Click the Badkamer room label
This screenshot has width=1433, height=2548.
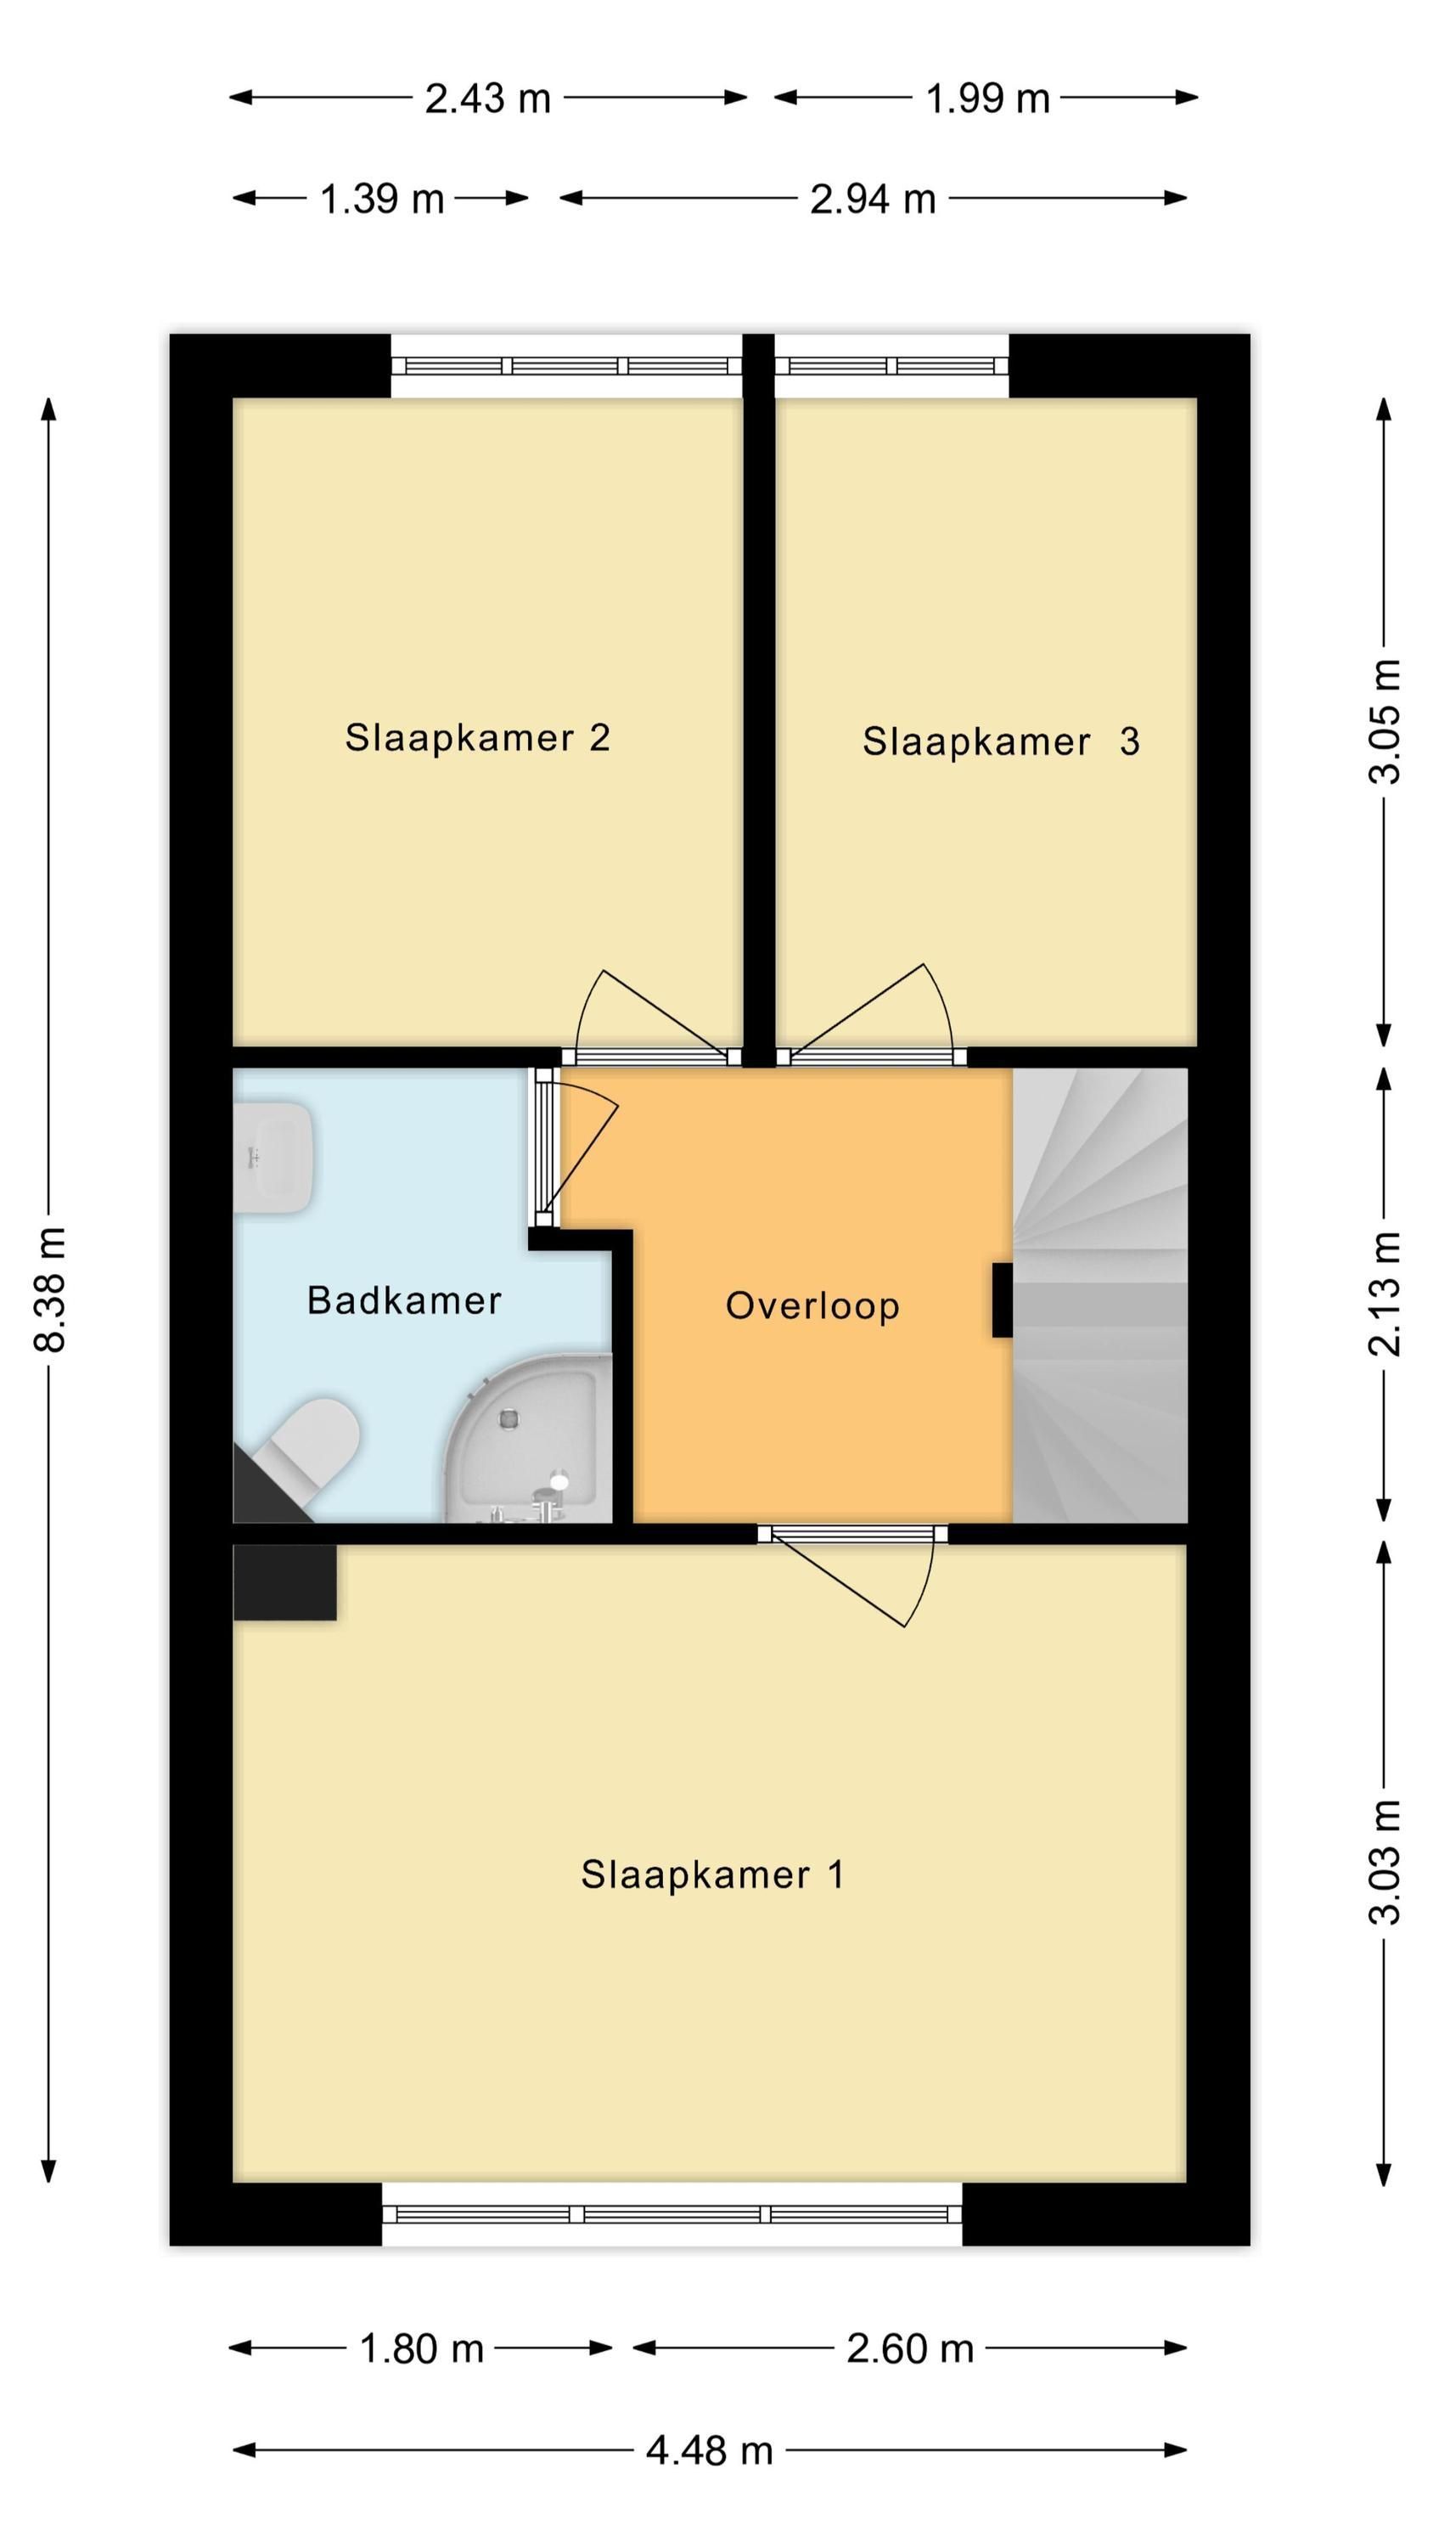point(403,1299)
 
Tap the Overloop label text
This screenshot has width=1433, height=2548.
point(812,1305)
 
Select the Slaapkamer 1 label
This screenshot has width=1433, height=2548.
point(712,1874)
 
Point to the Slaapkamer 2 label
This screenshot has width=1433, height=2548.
point(477,737)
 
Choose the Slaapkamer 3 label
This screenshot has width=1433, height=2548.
point(1001,741)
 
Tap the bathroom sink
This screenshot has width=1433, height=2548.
point(274,1158)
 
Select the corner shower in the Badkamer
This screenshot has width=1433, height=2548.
point(526,1439)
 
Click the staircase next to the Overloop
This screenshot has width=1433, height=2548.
point(1099,1296)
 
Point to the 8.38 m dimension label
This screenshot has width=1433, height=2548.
point(49,1290)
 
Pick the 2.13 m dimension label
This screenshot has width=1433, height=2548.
point(1385,1294)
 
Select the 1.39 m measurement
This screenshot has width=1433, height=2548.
point(382,199)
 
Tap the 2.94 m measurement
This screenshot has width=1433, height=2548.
point(872,199)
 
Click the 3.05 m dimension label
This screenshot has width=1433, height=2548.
point(1385,721)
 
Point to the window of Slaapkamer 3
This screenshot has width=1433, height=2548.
point(891,366)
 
